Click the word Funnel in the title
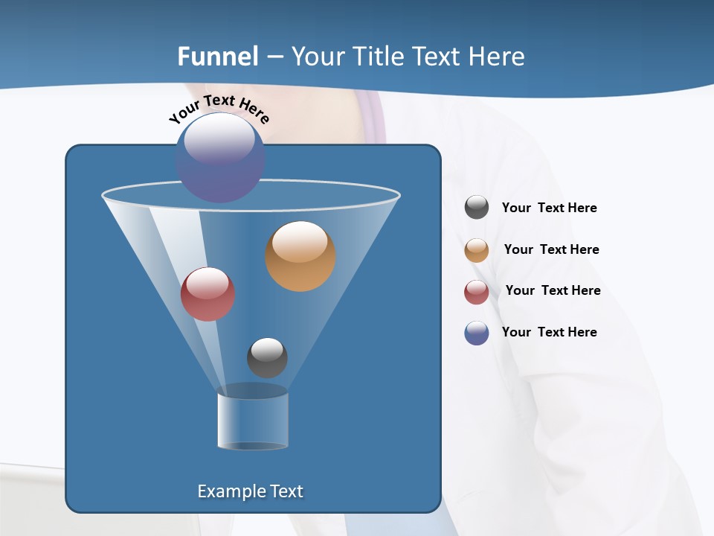pyautogui.click(x=217, y=56)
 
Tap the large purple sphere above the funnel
pyautogui.click(x=220, y=158)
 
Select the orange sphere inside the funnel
pyautogui.click(x=300, y=256)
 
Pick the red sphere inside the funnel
pyautogui.click(x=208, y=294)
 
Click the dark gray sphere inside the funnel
pyautogui.click(x=267, y=357)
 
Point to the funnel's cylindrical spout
pyautogui.click(x=252, y=421)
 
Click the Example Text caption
pyautogui.click(x=250, y=491)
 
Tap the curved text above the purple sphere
pyautogui.click(x=219, y=108)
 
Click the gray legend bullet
pyautogui.click(x=477, y=208)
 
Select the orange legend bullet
pyautogui.click(x=477, y=250)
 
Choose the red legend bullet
pyautogui.click(x=477, y=292)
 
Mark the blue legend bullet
pyautogui.click(x=477, y=333)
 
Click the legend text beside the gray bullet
pyautogui.click(x=549, y=208)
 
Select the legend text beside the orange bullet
pyautogui.click(x=551, y=249)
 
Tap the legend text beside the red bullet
pyautogui.click(x=553, y=290)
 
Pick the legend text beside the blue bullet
pyautogui.click(x=549, y=332)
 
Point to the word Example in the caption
pyautogui.click(x=228, y=491)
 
